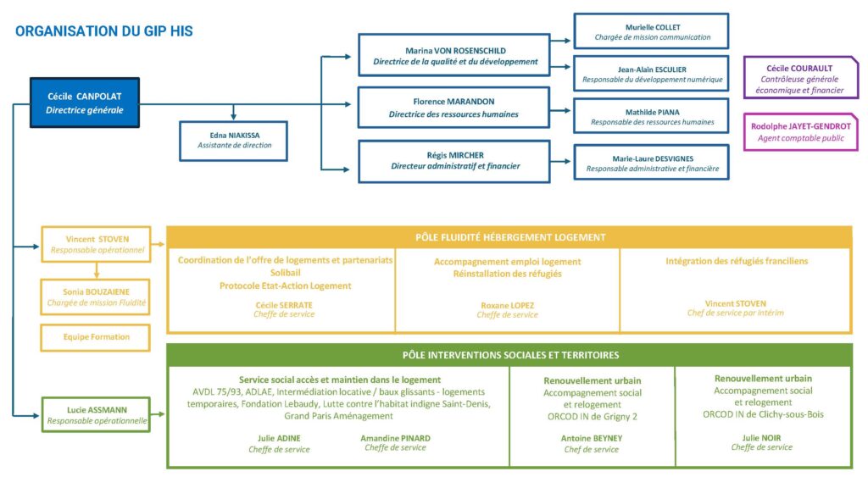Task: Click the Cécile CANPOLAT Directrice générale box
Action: (x=85, y=103)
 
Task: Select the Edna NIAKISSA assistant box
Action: (x=234, y=141)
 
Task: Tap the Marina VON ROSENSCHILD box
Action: (x=455, y=55)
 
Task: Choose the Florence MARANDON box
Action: (x=455, y=108)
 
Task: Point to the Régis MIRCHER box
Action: (x=455, y=161)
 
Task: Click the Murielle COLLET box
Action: (x=651, y=31)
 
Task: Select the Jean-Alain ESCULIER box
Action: (x=651, y=74)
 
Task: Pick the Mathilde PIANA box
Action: (x=651, y=116)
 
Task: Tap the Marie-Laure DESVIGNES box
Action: (x=651, y=163)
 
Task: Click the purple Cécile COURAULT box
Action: (x=800, y=78)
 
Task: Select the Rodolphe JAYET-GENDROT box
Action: (x=800, y=131)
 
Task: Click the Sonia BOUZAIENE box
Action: (x=96, y=297)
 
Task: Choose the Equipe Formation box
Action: (x=96, y=337)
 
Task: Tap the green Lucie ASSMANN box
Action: (x=96, y=414)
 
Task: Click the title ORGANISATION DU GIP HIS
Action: (x=104, y=31)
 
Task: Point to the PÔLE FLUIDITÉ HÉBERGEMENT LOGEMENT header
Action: (x=509, y=237)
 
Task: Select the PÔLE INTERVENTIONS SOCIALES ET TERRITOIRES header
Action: (x=509, y=355)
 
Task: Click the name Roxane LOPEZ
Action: (x=507, y=305)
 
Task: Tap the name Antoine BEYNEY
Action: (x=592, y=438)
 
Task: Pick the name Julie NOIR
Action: (x=762, y=437)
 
